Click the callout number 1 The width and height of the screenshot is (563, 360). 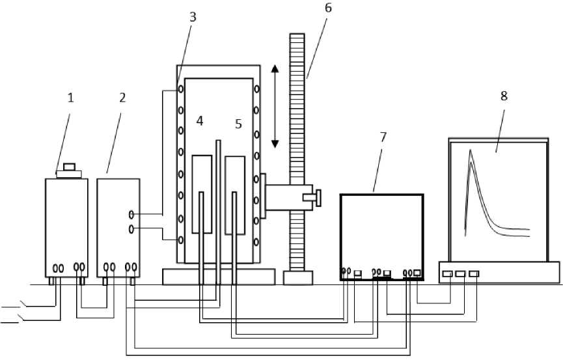71,98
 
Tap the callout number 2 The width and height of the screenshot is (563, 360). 122,98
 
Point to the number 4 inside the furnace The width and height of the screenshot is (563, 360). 200,121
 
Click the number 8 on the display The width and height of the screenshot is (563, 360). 503,95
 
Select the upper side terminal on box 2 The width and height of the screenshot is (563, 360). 131,214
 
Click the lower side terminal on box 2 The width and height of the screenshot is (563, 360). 131,228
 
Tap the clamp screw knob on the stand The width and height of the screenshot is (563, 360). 318,196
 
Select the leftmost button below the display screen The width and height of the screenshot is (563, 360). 447,274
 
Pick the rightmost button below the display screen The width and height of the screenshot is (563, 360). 474,274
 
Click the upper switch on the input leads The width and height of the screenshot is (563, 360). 24,303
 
